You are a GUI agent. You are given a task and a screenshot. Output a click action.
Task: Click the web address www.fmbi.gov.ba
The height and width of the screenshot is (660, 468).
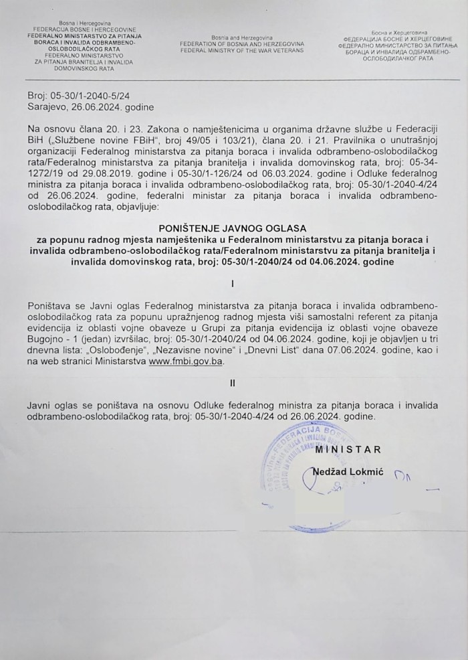(x=187, y=360)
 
